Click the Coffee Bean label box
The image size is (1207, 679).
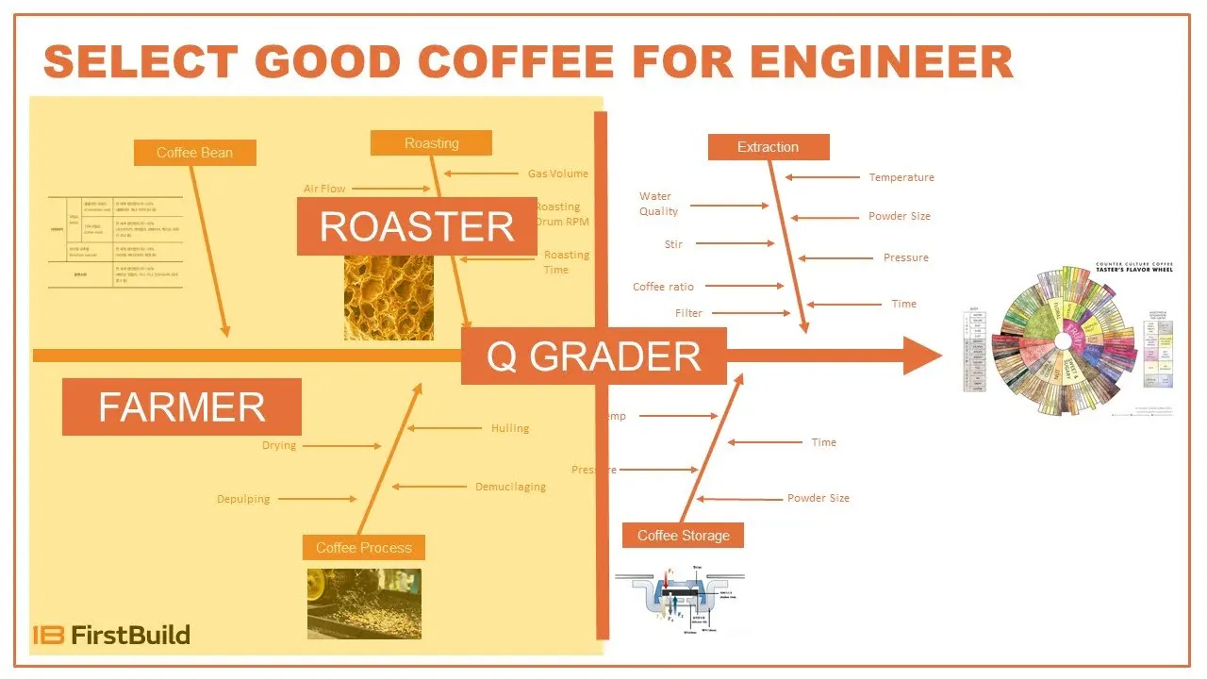[194, 153]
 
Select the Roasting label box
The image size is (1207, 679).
[431, 143]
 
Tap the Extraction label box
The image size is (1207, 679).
[768, 147]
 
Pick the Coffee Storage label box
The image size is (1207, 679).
[683, 536]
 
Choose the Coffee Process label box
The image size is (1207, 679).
[364, 548]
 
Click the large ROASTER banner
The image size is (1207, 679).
[417, 227]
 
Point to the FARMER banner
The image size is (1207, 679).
[182, 407]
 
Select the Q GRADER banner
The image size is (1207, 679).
[593, 356]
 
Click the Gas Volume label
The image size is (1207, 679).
[557, 174]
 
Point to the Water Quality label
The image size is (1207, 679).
[658, 204]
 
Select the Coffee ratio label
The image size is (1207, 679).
[663, 287]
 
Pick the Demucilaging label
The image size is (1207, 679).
[510, 488]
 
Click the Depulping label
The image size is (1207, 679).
[243, 499]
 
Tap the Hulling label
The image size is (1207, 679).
[510, 428]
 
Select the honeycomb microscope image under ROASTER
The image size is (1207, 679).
[389, 297]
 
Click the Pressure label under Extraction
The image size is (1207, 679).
[905, 257]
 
